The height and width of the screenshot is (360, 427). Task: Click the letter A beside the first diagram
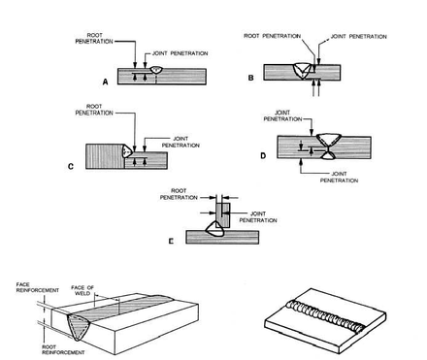point(105,82)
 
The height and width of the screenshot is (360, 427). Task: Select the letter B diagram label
point(250,78)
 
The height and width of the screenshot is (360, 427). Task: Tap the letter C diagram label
point(71,167)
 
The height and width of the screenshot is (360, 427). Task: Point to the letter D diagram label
point(263,156)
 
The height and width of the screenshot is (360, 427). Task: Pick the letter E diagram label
point(171,241)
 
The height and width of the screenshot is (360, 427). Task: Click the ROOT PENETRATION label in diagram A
point(94,38)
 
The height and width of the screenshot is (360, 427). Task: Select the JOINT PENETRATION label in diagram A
point(181,53)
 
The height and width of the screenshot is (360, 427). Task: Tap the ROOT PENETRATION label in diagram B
point(273,36)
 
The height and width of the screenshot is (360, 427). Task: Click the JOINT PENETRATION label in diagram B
point(359,37)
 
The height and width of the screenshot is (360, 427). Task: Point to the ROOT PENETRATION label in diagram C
point(94,110)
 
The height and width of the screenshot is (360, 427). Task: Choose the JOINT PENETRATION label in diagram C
point(181,142)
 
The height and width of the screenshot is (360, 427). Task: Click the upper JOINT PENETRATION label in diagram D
point(282,115)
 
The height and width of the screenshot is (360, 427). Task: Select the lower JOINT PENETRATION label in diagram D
point(339,177)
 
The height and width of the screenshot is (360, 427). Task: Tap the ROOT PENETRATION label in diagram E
point(179,194)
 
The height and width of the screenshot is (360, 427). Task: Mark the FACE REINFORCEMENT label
point(38,287)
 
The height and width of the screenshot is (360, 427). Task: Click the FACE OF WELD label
point(82,290)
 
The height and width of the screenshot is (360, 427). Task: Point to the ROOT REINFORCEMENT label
point(63,349)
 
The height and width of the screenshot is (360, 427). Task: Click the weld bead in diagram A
point(156,70)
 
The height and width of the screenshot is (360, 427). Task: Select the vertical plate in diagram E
point(223,214)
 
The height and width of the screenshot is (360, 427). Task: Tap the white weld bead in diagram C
point(126,150)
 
